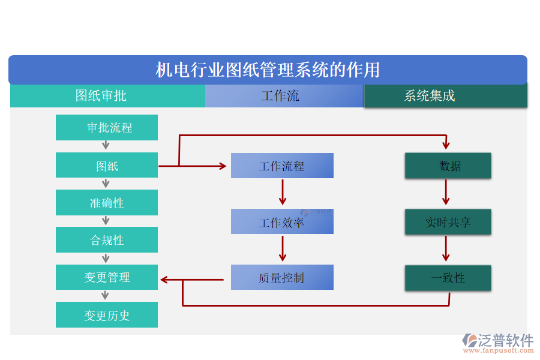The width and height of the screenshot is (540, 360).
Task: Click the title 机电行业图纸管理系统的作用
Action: tap(268, 70)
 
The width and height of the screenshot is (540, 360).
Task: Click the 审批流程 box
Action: tap(107, 128)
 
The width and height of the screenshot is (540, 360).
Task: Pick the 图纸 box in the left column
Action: tap(107, 166)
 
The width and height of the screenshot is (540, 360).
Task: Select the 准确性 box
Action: tap(107, 203)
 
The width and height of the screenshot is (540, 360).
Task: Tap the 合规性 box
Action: tap(107, 240)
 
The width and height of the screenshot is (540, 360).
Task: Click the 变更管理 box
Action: tap(107, 277)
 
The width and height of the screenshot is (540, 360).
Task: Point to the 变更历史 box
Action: tap(107, 315)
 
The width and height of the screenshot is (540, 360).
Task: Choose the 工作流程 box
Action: tap(282, 166)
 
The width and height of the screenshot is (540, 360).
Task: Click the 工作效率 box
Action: tap(282, 222)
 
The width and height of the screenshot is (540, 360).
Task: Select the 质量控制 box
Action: tap(282, 278)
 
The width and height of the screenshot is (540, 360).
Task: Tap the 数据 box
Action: tap(448, 166)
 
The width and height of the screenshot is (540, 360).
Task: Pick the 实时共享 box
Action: tap(448, 222)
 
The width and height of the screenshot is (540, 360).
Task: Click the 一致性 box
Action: tap(448, 278)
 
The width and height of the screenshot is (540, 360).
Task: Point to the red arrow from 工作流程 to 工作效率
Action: tap(283, 193)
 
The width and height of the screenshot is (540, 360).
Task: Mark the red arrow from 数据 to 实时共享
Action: tap(446, 193)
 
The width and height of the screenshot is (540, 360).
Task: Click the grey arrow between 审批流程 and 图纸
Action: tap(106, 146)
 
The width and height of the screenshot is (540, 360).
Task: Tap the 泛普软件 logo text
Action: tap(505, 341)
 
